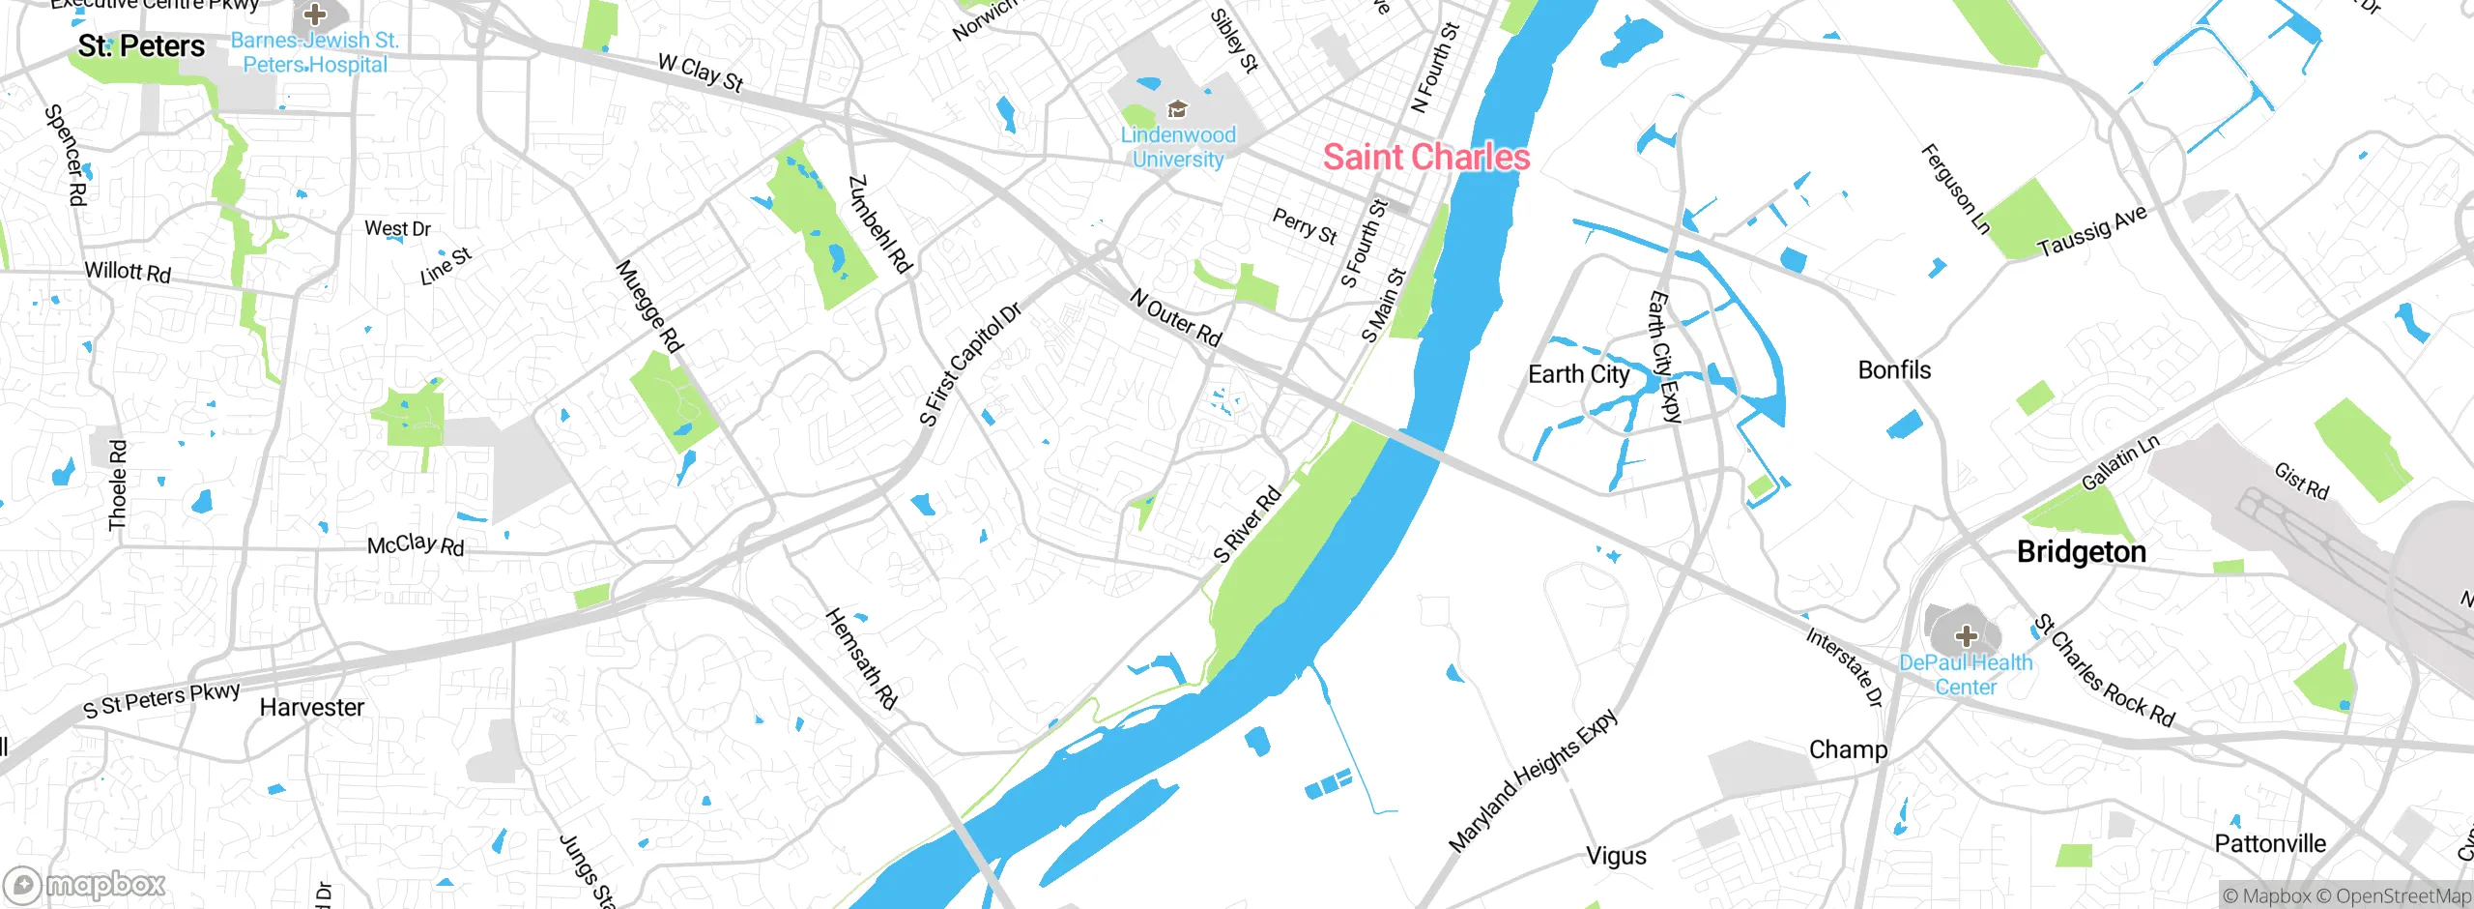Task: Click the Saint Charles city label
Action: tap(1425, 157)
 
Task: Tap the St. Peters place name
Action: tap(141, 46)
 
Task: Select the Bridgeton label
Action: tap(2081, 552)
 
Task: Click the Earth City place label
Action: tap(1578, 374)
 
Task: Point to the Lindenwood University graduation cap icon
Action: tap(1177, 108)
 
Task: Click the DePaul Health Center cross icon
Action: tap(1966, 635)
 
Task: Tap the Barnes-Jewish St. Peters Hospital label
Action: tap(314, 53)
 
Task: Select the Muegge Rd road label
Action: tap(649, 306)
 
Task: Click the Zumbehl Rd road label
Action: tap(879, 224)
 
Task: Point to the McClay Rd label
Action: tap(416, 545)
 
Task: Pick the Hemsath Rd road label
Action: tap(861, 659)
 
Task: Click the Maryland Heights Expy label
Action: tap(1533, 779)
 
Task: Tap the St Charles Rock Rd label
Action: tap(2104, 670)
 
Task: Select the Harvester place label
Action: tap(311, 708)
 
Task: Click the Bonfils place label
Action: tap(1894, 370)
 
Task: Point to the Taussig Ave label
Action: tap(2091, 230)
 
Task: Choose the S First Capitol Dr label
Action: tap(969, 365)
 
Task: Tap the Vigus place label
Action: tap(1616, 856)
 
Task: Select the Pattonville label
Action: tap(2269, 844)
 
